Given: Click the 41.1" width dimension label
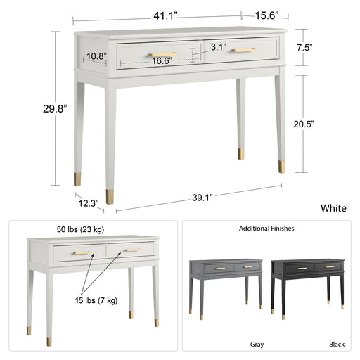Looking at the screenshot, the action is point(165,16).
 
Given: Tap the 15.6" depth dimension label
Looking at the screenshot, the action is point(266,15).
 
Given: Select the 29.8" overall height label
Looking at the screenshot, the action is point(55,109).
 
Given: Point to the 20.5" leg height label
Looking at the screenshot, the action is point(304,124).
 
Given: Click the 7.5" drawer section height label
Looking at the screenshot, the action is point(304,48).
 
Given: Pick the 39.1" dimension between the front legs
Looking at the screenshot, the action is point(202,198).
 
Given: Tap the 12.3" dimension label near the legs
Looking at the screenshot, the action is point(89,203).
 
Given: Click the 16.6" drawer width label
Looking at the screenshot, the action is point(162,61).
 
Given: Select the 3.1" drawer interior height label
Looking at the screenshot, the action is point(219,47).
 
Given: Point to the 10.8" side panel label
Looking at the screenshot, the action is point(96,56).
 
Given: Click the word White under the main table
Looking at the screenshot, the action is point(333,208).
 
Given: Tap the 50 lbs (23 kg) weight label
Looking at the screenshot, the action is point(80,229).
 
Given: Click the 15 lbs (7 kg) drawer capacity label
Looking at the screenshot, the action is point(96,300).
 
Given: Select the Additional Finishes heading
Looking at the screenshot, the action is point(266,229).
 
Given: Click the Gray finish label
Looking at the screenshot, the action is point(257,345).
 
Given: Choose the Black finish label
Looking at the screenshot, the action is point(337,345).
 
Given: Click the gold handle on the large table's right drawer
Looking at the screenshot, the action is point(244,50).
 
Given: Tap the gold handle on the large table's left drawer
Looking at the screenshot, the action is point(163,54).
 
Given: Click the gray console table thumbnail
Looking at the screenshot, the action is point(226,289).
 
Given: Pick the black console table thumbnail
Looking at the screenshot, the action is point(308,289).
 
